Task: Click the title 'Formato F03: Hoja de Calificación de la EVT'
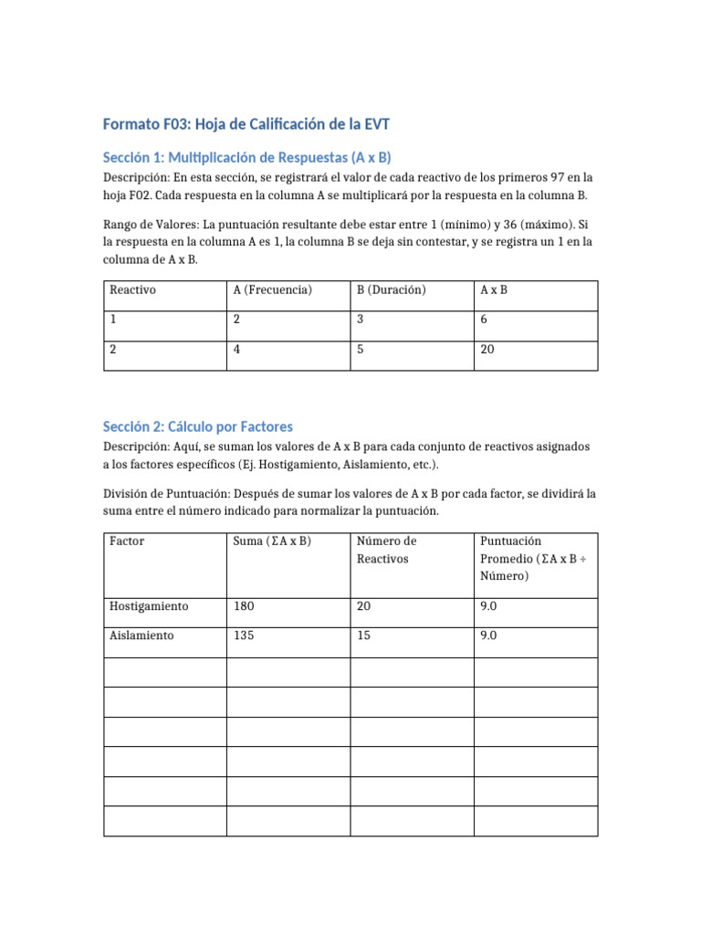(x=251, y=124)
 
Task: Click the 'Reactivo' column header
(x=133, y=290)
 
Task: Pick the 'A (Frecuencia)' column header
(x=273, y=290)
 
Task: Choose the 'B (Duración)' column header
(x=392, y=290)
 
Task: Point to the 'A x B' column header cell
(x=494, y=290)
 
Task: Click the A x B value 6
(x=484, y=320)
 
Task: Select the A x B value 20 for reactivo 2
(x=487, y=349)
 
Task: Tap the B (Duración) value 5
(x=361, y=349)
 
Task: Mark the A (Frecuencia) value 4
(x=237, y=349)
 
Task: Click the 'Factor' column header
(x=127, y=541)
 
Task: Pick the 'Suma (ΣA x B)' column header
(x=272, y=541)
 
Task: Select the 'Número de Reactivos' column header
(x=387, y=549)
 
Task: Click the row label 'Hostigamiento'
(x=149, y=606)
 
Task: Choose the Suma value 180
(x=244, y=606)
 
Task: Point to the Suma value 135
(x=244, y=636)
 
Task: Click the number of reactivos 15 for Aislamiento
(x=364, y=636)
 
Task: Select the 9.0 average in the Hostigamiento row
(x=488, y=606)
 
